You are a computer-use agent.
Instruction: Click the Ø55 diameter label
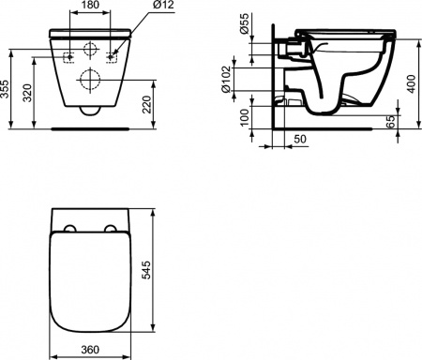247,22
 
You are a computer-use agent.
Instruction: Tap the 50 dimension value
298,140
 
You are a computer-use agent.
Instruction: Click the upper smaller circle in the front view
90,51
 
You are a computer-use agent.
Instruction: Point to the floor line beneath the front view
90,126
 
